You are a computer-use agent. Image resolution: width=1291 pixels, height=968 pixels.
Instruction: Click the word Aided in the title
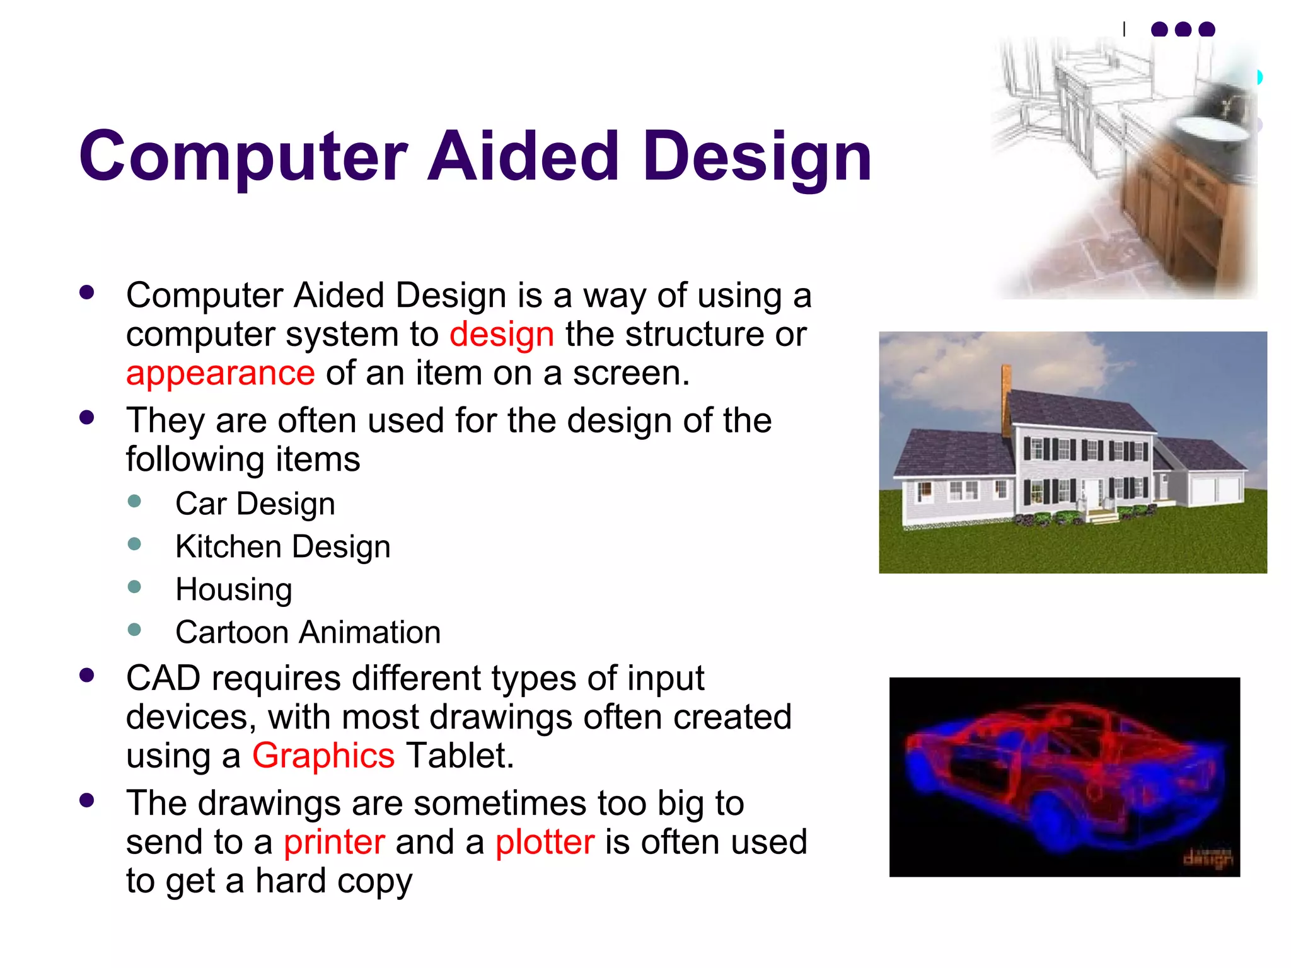click(523, 156)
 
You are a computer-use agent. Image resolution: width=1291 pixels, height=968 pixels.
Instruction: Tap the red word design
click(502, 334)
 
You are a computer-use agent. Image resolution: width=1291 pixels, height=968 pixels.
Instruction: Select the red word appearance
click(220, 373)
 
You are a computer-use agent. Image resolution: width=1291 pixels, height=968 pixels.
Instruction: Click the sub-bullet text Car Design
click(255, 504)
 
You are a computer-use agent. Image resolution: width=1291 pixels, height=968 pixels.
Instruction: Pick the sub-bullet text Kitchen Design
click(282, 547)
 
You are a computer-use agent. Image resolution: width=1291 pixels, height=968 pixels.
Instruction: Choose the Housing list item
click(233, 590)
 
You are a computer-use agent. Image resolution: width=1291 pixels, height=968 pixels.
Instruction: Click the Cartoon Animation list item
click(308, 632)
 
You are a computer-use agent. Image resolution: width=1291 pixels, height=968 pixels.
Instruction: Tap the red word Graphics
click(323, 756)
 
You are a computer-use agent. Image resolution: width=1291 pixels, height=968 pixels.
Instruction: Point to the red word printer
click(334, 843)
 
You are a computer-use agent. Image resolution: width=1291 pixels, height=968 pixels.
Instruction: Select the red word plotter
click(545, 843)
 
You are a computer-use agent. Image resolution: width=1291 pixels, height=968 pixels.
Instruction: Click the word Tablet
click(460, 756)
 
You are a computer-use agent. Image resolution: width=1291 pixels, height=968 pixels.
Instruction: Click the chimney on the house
click(1006, 397)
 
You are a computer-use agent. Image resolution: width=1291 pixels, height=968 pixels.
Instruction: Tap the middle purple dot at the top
click(1183, 30)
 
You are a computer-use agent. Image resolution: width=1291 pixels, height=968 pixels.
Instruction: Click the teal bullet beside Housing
click(134, 587)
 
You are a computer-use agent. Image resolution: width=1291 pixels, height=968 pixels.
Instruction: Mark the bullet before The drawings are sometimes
click(87, 801)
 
